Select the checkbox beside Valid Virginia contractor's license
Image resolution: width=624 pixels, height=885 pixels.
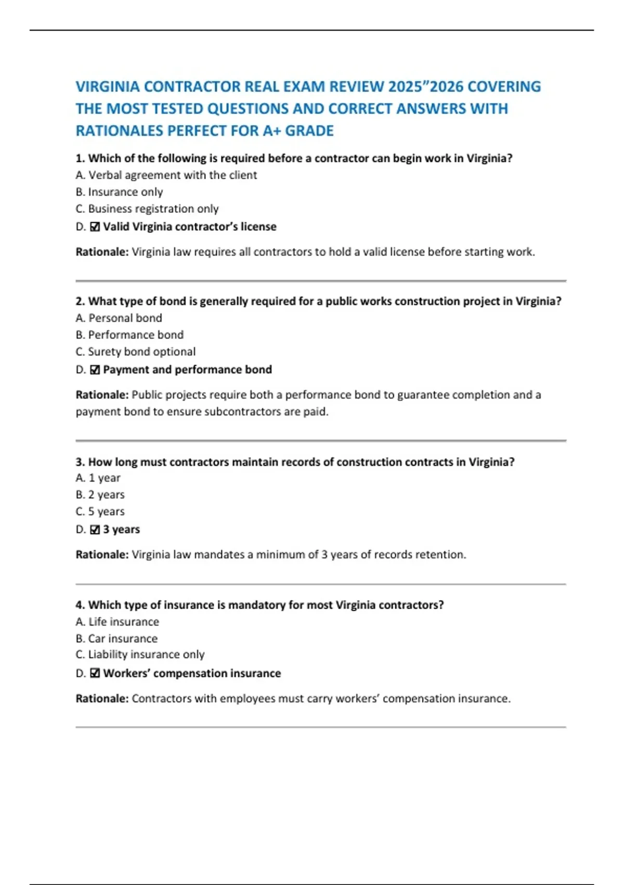[95, 227]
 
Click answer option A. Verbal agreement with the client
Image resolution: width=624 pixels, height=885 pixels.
[166, 175]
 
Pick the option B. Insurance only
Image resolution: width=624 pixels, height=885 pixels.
[119, 192]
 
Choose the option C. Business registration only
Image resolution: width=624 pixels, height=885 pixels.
[147, 209]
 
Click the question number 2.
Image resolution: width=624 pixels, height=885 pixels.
[80, 301]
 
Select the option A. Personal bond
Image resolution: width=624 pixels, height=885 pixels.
[119, 318]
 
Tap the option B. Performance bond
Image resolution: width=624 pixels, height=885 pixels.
[129, 335]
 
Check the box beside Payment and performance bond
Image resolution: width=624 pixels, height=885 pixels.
[95, 370]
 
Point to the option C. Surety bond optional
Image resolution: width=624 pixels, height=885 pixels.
[135, 352]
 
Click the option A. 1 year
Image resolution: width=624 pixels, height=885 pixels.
[98, 478]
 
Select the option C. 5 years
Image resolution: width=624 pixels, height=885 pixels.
[100, 512]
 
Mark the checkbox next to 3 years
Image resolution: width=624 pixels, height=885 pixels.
[95, 529]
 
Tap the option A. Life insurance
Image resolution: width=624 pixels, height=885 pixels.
[117, 622]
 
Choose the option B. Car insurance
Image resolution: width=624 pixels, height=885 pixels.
[116, 639]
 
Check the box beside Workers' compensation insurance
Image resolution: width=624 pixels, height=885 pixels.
[95, 674]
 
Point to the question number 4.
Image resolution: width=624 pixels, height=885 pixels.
[80, 605]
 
